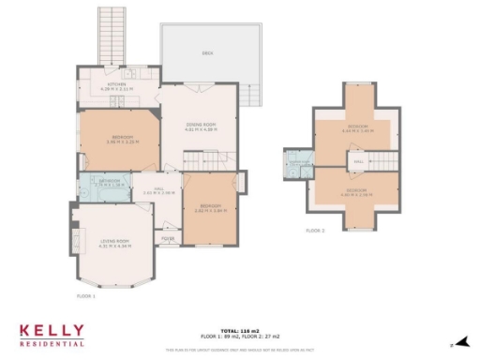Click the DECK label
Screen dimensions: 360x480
[207, 52]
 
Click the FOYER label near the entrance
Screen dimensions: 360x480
[168, 238]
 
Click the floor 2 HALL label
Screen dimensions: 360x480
[358, 162]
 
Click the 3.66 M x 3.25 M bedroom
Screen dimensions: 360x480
[118, 141]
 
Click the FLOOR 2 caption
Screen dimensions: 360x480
[316, 230]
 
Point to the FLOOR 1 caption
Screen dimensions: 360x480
[86, 295]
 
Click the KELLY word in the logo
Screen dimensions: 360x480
[52, 332]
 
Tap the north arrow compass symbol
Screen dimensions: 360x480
[460, 344]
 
